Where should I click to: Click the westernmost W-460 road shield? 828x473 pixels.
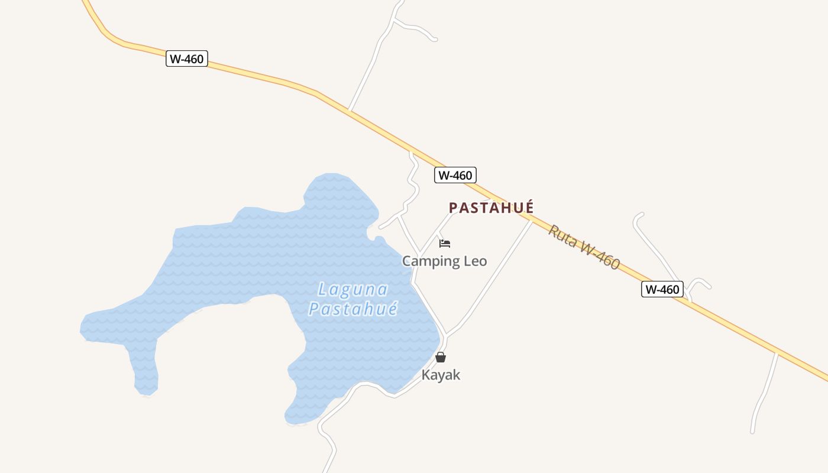[x=187, y=59]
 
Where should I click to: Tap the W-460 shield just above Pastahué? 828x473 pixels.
[x=455, y=175]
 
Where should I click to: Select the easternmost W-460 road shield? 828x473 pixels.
[x=662, y=289]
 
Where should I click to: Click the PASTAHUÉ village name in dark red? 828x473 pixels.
[x=491, y=208]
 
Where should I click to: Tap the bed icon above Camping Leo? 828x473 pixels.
[x=445, y=244]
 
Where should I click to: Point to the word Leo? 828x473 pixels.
[x=475, y=261]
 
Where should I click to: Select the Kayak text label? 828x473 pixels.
[x=441, y=375]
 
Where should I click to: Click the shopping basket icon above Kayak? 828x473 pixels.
[x=441, y=357]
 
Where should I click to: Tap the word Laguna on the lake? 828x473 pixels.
[x=352, y=290]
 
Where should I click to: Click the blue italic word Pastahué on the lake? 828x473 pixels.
[x=353, y=309]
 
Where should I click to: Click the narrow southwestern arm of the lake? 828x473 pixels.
[x=144, y=367]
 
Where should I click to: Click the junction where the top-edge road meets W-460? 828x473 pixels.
[x=350, y=110]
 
